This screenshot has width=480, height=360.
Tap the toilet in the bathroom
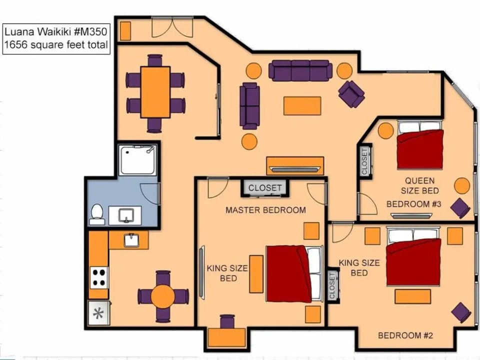[97, 214]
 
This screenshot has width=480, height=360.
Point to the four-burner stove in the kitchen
[99, 277]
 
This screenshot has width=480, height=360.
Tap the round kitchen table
[163, 296]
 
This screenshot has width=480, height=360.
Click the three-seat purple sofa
[300, 70]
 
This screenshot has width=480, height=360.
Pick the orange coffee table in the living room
[302, 105]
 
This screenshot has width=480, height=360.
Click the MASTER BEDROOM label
[265, 210]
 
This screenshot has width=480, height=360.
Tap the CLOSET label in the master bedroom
[265, 188]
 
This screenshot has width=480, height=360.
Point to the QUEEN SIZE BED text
[420, 185]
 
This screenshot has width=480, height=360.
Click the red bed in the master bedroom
[288, 273]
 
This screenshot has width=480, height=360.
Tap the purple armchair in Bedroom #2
[461, 312]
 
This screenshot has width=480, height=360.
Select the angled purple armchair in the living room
[351, 93]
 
